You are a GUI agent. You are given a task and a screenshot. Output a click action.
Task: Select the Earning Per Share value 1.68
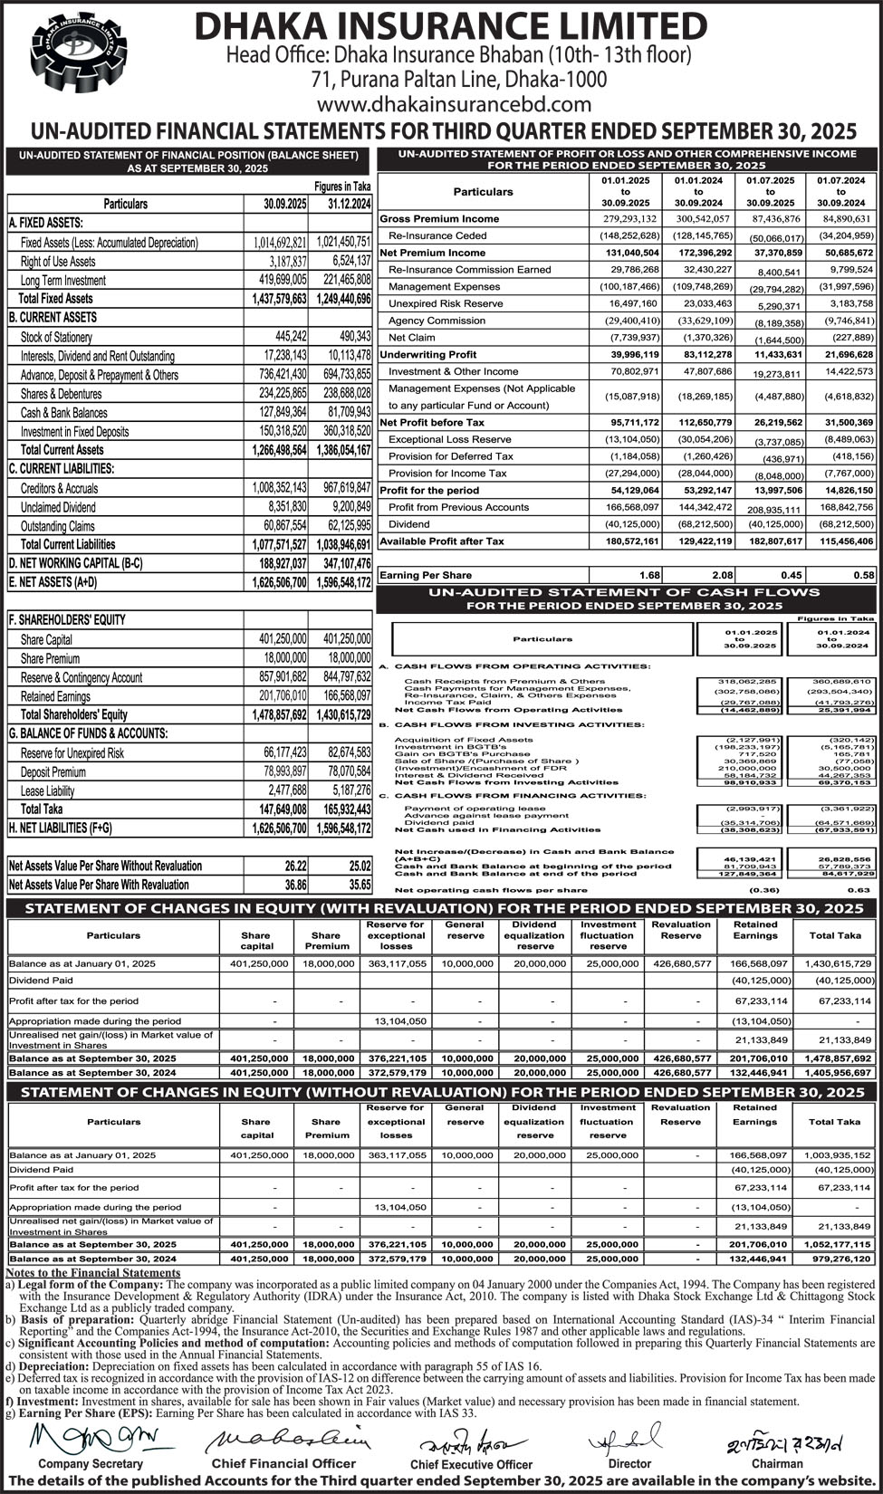click(648, 575)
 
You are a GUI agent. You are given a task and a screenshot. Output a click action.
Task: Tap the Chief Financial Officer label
click(283, 1463)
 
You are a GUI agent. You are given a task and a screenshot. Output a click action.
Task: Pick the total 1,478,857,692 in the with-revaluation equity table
click(835, 1058)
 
